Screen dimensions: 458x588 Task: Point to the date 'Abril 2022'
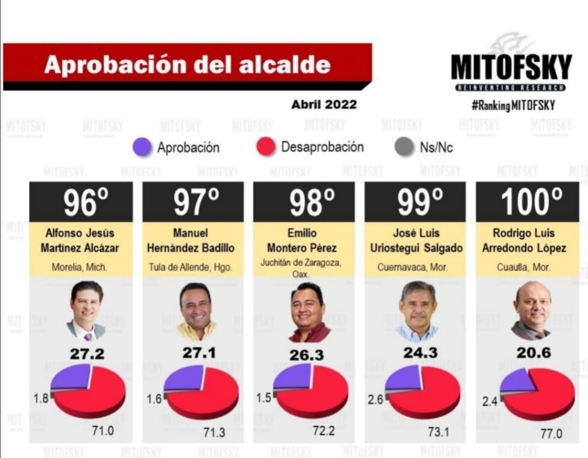324,105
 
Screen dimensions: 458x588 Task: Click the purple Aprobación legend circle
141,148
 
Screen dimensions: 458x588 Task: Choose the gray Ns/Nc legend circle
404,148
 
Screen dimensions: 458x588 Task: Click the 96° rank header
81,202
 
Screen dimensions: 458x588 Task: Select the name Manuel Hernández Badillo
193,241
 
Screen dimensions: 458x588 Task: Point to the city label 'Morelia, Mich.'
81,267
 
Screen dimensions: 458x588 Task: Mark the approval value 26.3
307,355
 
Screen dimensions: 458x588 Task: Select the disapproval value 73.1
434,432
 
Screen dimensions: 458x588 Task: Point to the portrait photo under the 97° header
195,311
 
